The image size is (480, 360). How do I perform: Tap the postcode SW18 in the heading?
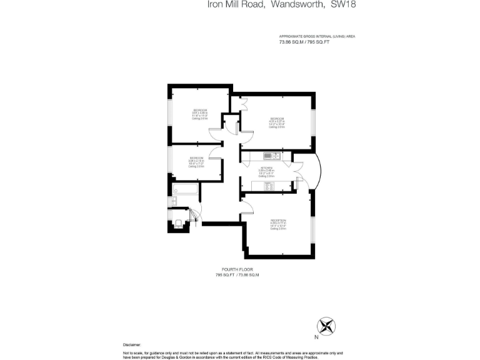coord(342,5)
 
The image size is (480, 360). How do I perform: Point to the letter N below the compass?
coord(316,337)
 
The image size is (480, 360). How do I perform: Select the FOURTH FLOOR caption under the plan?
coord(237,269)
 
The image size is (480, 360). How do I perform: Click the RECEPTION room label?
coord(278,221)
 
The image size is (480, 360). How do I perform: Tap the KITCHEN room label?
coord(267,167)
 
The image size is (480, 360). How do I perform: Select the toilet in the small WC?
coord(179,223)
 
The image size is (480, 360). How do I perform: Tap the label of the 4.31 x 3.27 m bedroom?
coord(277,119)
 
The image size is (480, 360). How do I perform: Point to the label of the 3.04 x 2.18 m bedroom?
coord(196,158)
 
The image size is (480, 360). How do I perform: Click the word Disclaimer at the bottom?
coord(132,344)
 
